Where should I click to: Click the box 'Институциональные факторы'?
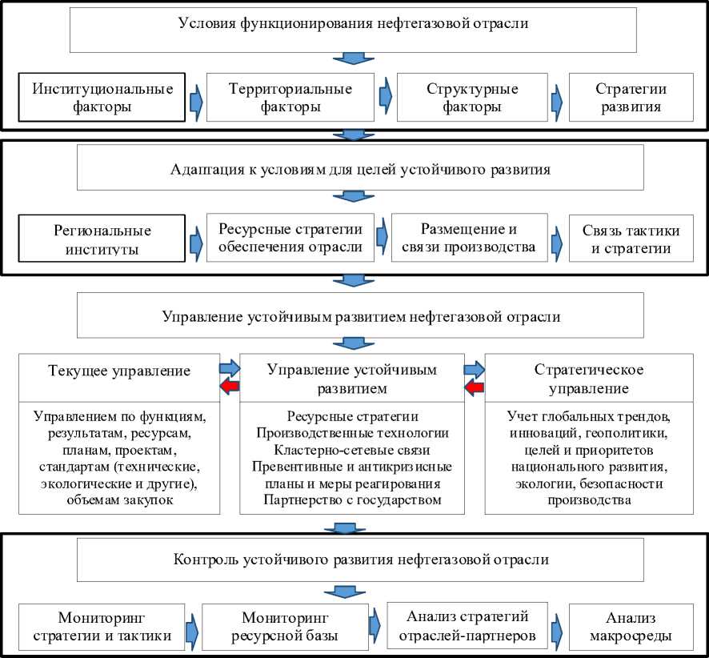(102, 98)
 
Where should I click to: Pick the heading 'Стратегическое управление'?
(587, 379)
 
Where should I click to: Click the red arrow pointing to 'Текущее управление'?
(230, 388)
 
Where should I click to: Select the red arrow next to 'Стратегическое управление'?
(475, 388)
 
